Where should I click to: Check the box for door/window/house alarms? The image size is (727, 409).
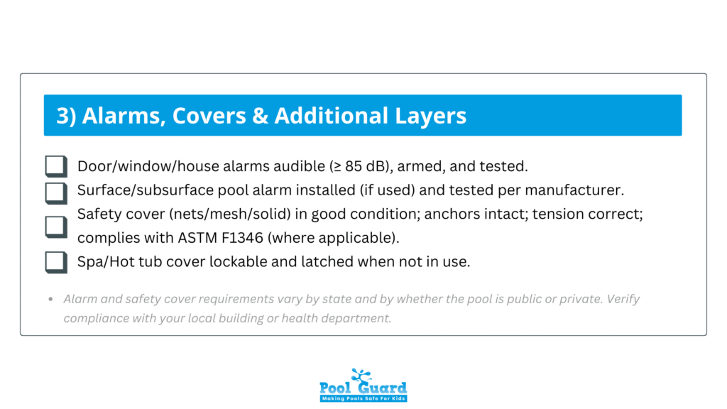click(55, 167)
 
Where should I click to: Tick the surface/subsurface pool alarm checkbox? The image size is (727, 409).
click(55, 191)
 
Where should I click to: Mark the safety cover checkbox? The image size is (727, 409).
click(55, 226)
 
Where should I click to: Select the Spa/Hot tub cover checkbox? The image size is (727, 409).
click(55, 261)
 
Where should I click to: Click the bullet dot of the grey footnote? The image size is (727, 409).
click(50, 300)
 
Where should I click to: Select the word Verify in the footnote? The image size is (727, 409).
click(623, 299)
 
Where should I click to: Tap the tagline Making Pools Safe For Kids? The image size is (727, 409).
click(363, 398)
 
